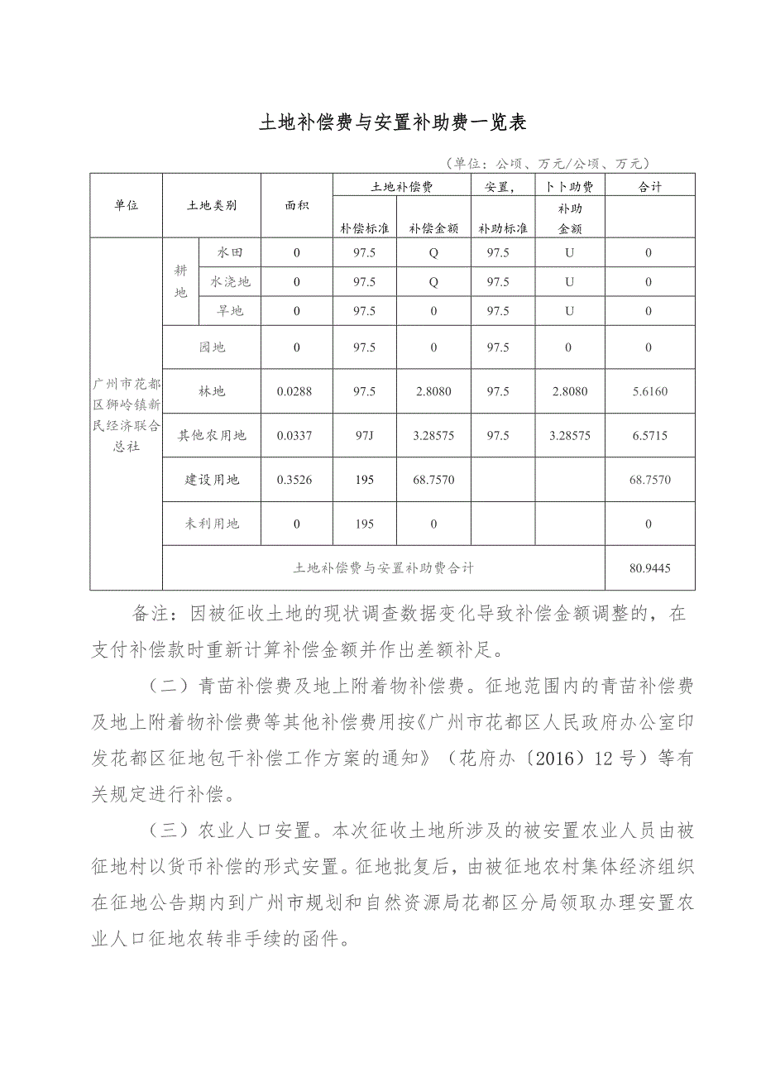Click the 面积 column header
296,205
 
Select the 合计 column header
650,187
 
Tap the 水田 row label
230,252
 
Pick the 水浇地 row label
230,282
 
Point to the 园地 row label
212,347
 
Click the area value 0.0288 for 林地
296,391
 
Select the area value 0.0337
296,435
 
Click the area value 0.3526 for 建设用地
296,479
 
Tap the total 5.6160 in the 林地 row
649,391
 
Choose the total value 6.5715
649,435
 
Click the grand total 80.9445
649,568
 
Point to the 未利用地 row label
212,524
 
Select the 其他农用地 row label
212,435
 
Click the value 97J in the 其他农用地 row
364,435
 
